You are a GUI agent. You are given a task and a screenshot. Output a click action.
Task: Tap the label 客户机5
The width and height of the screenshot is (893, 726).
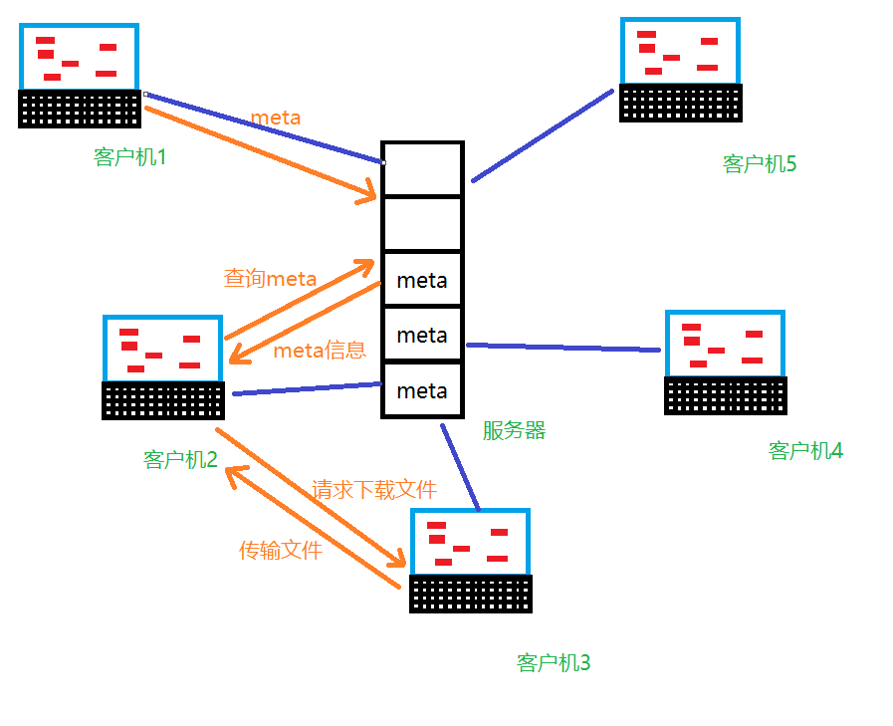pyautogui.click(x=760, y=164)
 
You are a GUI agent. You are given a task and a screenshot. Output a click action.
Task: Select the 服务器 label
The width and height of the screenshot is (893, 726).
pyautogui.click(x=514, y=430)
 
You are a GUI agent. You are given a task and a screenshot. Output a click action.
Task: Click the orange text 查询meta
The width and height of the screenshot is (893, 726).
pyautogui.click(x=270, y=279)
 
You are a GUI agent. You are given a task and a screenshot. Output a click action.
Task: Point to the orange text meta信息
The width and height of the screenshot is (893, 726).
pyautogui.click(x=320, y=351)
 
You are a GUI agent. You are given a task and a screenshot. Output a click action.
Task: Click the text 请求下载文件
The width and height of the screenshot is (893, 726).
pyautogui.click(x=374, y=490)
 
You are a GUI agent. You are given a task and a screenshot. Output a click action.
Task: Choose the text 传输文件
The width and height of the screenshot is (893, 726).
pyautogui.click(x=281, y=550)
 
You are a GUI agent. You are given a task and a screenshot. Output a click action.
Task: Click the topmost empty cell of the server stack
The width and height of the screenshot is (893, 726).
pyautogui.click(x=422, y=169)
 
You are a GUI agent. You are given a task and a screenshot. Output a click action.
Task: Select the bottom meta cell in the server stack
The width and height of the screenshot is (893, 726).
pyautogui.click(x=422, y=390)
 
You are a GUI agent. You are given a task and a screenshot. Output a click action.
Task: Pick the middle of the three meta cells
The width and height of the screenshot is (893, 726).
pyautogui.click(x=422, y=336)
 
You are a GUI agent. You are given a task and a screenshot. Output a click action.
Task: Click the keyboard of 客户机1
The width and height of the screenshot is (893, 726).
pyautogui.click(x=80, y=109)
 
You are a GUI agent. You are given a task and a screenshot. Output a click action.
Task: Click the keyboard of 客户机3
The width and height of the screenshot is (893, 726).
pyautogui.click(x=471, y=595)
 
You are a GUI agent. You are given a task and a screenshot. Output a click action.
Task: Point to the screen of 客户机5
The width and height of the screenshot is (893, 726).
pyautogui.click(x=680, y=51)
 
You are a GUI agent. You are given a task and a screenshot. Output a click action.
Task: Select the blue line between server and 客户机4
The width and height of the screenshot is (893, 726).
pyautogui.click(x=562, y=347)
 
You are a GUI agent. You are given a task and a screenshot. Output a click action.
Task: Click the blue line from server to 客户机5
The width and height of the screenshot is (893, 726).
pyautogui.click(x=543, y=136)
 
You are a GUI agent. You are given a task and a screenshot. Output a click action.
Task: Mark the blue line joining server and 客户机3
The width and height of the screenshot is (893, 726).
pyautogui.click(x=461, y=467)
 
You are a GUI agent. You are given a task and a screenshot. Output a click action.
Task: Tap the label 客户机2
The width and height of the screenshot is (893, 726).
pyautogui.click(x=180, y=460)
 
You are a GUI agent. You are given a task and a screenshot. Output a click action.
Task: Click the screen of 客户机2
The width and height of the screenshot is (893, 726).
pyautogui.click(x=161, y=350)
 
